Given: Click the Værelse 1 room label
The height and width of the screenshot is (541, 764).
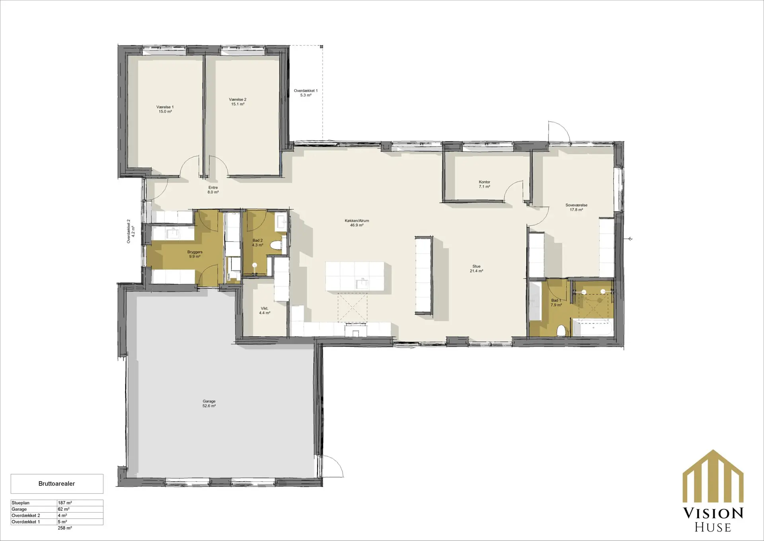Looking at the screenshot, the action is [x=165, y=109].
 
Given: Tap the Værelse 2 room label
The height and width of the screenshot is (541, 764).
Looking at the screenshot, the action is [x=238, y=102].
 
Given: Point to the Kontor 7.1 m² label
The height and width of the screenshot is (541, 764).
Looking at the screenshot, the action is [x=484, y=184].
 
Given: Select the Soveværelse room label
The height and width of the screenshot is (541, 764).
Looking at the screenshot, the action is [x=576, y=207].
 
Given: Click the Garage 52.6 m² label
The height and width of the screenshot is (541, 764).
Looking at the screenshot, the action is [x=209, y=404].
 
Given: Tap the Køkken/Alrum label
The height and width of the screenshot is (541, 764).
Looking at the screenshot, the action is [x=357, y=223].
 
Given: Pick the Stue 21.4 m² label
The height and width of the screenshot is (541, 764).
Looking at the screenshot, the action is [x=476, y=269].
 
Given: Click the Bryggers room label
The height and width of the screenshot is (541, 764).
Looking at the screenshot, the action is [x=195, y=254].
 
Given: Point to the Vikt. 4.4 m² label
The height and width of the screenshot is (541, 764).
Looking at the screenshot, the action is [x=265, y=311].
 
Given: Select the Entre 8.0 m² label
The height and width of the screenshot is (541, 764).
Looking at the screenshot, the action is [x=213, y=190].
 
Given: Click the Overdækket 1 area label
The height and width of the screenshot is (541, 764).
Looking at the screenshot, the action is [x=306, y=93].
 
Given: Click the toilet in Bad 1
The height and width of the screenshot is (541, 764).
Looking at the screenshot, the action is [x=562, y=330].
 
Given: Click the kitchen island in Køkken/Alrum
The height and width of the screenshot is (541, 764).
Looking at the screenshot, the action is [x=355, y=276].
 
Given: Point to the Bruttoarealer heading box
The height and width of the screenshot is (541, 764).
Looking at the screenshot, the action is [x=57, y=484].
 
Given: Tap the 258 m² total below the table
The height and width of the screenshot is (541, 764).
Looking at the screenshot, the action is [x=65, y=528].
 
